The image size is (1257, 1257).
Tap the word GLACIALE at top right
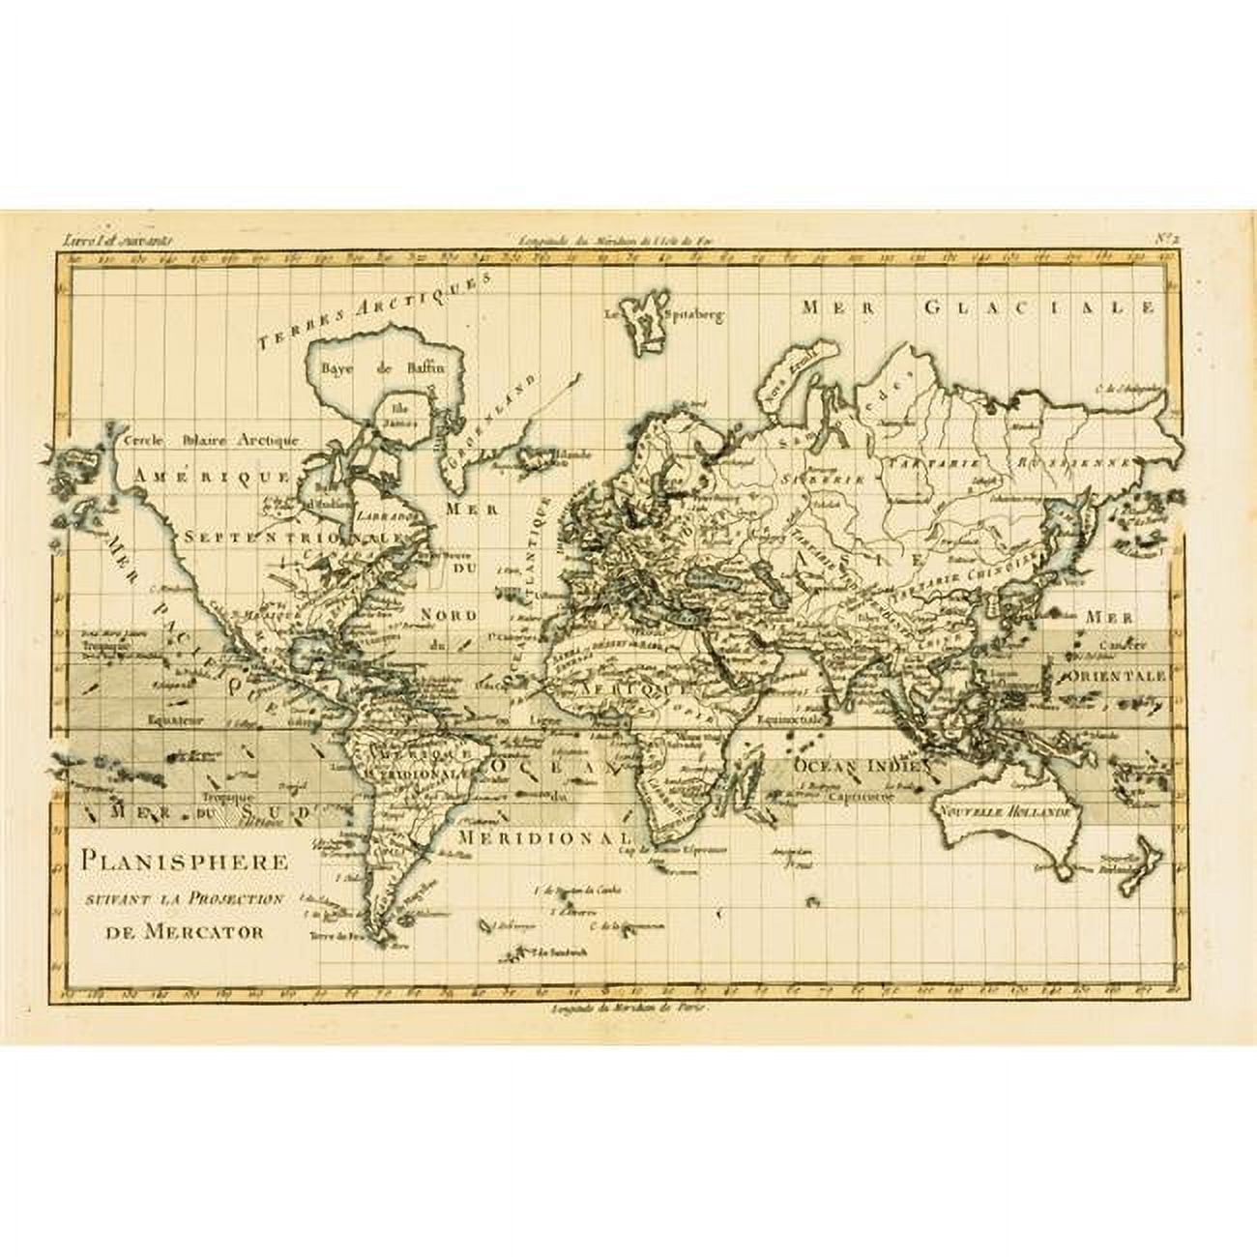click(x=1039, y=307)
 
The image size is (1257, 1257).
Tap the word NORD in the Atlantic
click(x=449, y=615)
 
